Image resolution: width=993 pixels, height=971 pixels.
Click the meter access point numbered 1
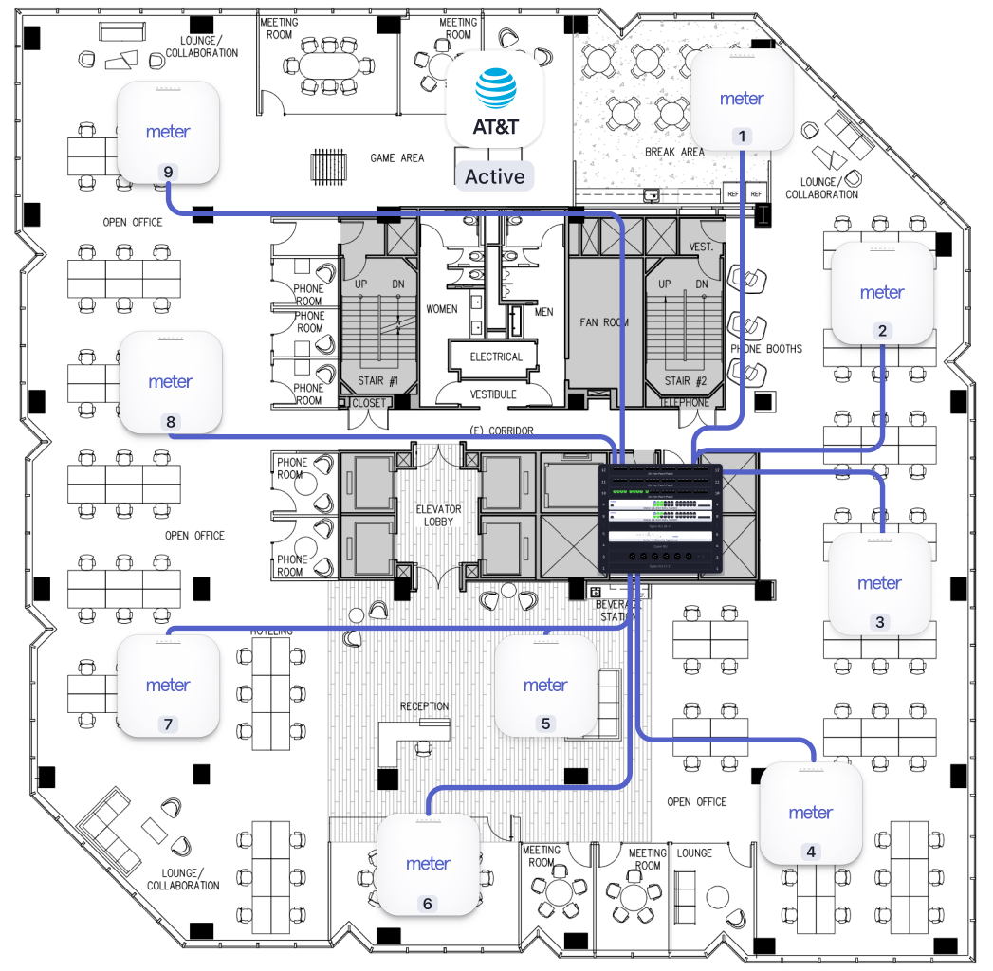pyautogui.click(x=743, y=100)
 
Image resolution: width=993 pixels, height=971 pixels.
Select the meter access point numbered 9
pyautogui.click(x=169, y=133)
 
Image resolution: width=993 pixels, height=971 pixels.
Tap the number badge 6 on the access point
pyautogui.click(x=427, y=904)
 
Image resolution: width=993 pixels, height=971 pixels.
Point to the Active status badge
pyautogui.click(x=494, y=176)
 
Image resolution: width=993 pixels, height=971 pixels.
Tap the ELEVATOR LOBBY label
pyautogui.click(x=438, y=516)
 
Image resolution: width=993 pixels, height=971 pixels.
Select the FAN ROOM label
pyautogui.click(x=604, y=322)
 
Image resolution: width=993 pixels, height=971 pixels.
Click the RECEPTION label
pyautogui.click(x=424, y=706)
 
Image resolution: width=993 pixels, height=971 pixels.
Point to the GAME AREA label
pyautogui.click(x=397, y=158)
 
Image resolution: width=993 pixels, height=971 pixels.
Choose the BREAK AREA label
pyautogui.click(x=674, y=152)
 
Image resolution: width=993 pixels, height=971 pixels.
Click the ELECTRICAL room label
pyautogui.click(x=496, y=357)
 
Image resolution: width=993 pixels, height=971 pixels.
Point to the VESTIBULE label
pyautogui.click(x=493, y=394)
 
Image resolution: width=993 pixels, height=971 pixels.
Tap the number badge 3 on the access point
pyautogui.click(x=879, y=622)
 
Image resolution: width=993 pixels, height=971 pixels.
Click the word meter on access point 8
pyautogui.click(x=171, y=382)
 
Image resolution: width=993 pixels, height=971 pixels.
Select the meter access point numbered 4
pyautogui.click(x=811, y=814)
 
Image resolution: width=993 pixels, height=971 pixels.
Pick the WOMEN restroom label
pyautogui.click(x=442, y=309)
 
